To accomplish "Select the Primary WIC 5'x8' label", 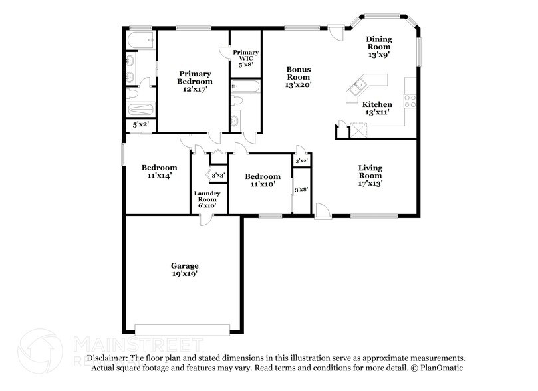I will point(246,58).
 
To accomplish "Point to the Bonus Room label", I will point(299,76).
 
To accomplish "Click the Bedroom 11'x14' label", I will point(159,172).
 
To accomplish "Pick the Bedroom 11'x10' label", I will point(262,180).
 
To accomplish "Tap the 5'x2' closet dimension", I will point(140,124).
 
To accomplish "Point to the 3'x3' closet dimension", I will point(218,175).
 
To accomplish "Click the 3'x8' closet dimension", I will point(301,190).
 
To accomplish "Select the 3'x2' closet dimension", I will point(301,160).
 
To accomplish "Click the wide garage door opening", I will point(181,328).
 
